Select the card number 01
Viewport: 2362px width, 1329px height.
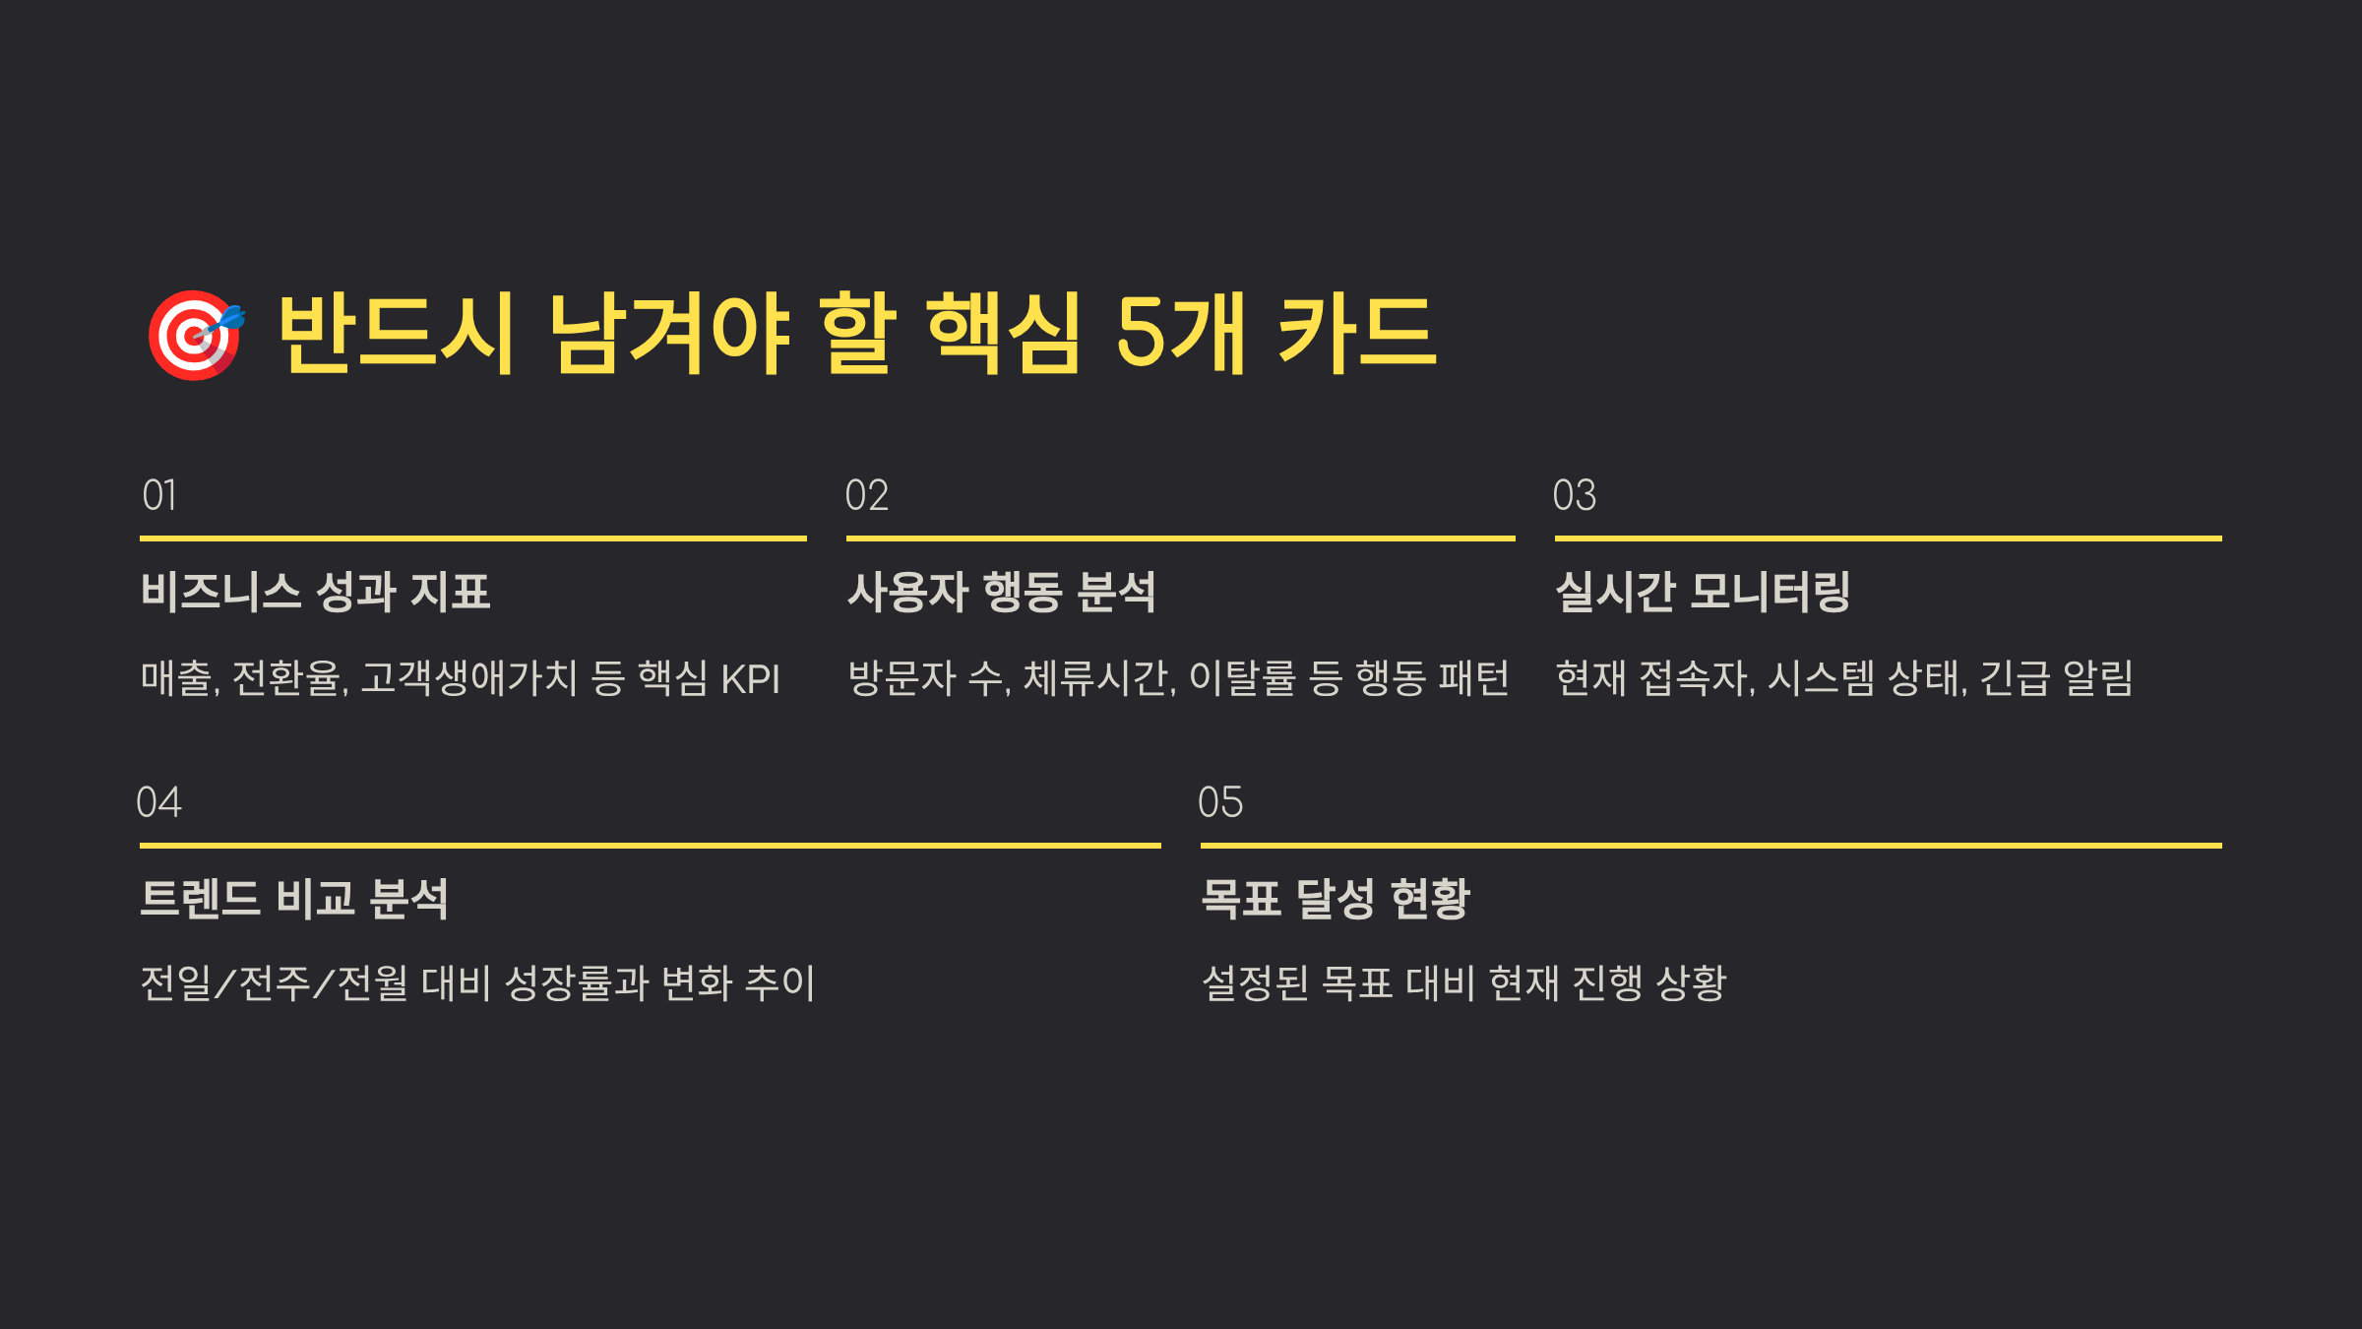point(159,495)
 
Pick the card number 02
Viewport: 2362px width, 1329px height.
point(867,495)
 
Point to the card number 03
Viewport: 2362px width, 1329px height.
point(1575,495)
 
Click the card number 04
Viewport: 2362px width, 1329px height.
point(159,802)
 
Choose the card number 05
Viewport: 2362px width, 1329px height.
point(1220,802)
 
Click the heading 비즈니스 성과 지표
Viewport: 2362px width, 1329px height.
point(316,592)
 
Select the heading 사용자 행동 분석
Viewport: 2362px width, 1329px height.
point(1002,592)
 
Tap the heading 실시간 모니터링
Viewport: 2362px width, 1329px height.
point(1703,592)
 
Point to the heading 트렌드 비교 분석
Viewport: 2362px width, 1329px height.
point(294,899)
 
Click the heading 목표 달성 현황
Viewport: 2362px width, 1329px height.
point(1336,899)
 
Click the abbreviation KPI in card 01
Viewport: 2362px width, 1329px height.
point(750,679)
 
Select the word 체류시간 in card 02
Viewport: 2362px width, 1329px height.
point(1098,678)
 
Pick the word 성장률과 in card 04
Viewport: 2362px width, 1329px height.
point(577,983)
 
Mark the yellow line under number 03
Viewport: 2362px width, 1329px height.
point(1888,538)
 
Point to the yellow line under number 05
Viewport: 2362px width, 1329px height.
point(1710,845)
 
